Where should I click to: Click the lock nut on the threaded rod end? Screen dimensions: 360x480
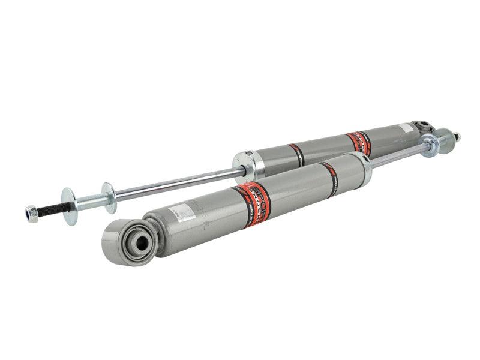31,213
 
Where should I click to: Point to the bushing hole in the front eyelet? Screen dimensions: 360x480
142,242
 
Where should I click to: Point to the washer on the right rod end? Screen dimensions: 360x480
428,145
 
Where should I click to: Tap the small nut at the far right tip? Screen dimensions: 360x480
457,137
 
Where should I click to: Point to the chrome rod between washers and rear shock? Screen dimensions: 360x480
174,182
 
